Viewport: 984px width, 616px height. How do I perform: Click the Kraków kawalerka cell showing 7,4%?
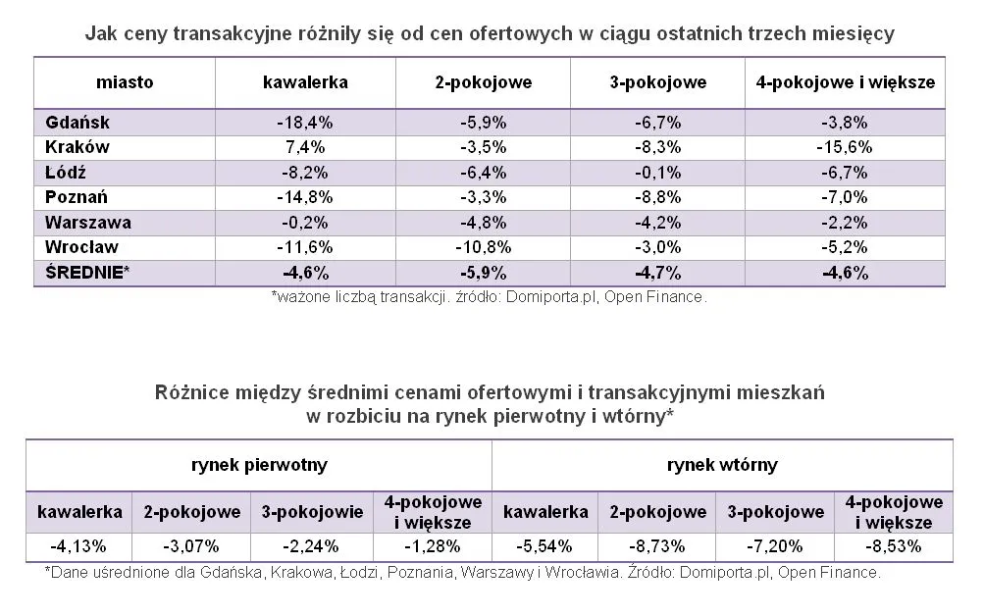(x=305, y=147)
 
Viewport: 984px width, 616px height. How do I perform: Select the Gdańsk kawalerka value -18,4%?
(x=305, y=123)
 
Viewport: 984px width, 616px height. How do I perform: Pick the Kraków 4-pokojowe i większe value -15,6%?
(x=844, y=147)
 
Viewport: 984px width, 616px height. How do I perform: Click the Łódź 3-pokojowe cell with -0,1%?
(x=657, y=173)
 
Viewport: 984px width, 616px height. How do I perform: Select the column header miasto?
(x=125, y=82)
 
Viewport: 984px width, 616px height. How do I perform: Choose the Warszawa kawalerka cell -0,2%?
(x=305, y=223)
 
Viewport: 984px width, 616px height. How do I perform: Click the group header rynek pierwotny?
(x=259, y=465)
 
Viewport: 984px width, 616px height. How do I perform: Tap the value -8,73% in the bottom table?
(x=657, y=545)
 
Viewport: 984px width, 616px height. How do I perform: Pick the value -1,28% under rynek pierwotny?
(x=433, y=545)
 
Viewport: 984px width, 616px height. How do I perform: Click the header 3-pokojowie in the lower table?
(x=312, y=512)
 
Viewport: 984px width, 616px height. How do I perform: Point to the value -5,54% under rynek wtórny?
(x=545, y=545)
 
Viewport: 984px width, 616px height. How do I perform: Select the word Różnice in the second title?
(x=187, y=392)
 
